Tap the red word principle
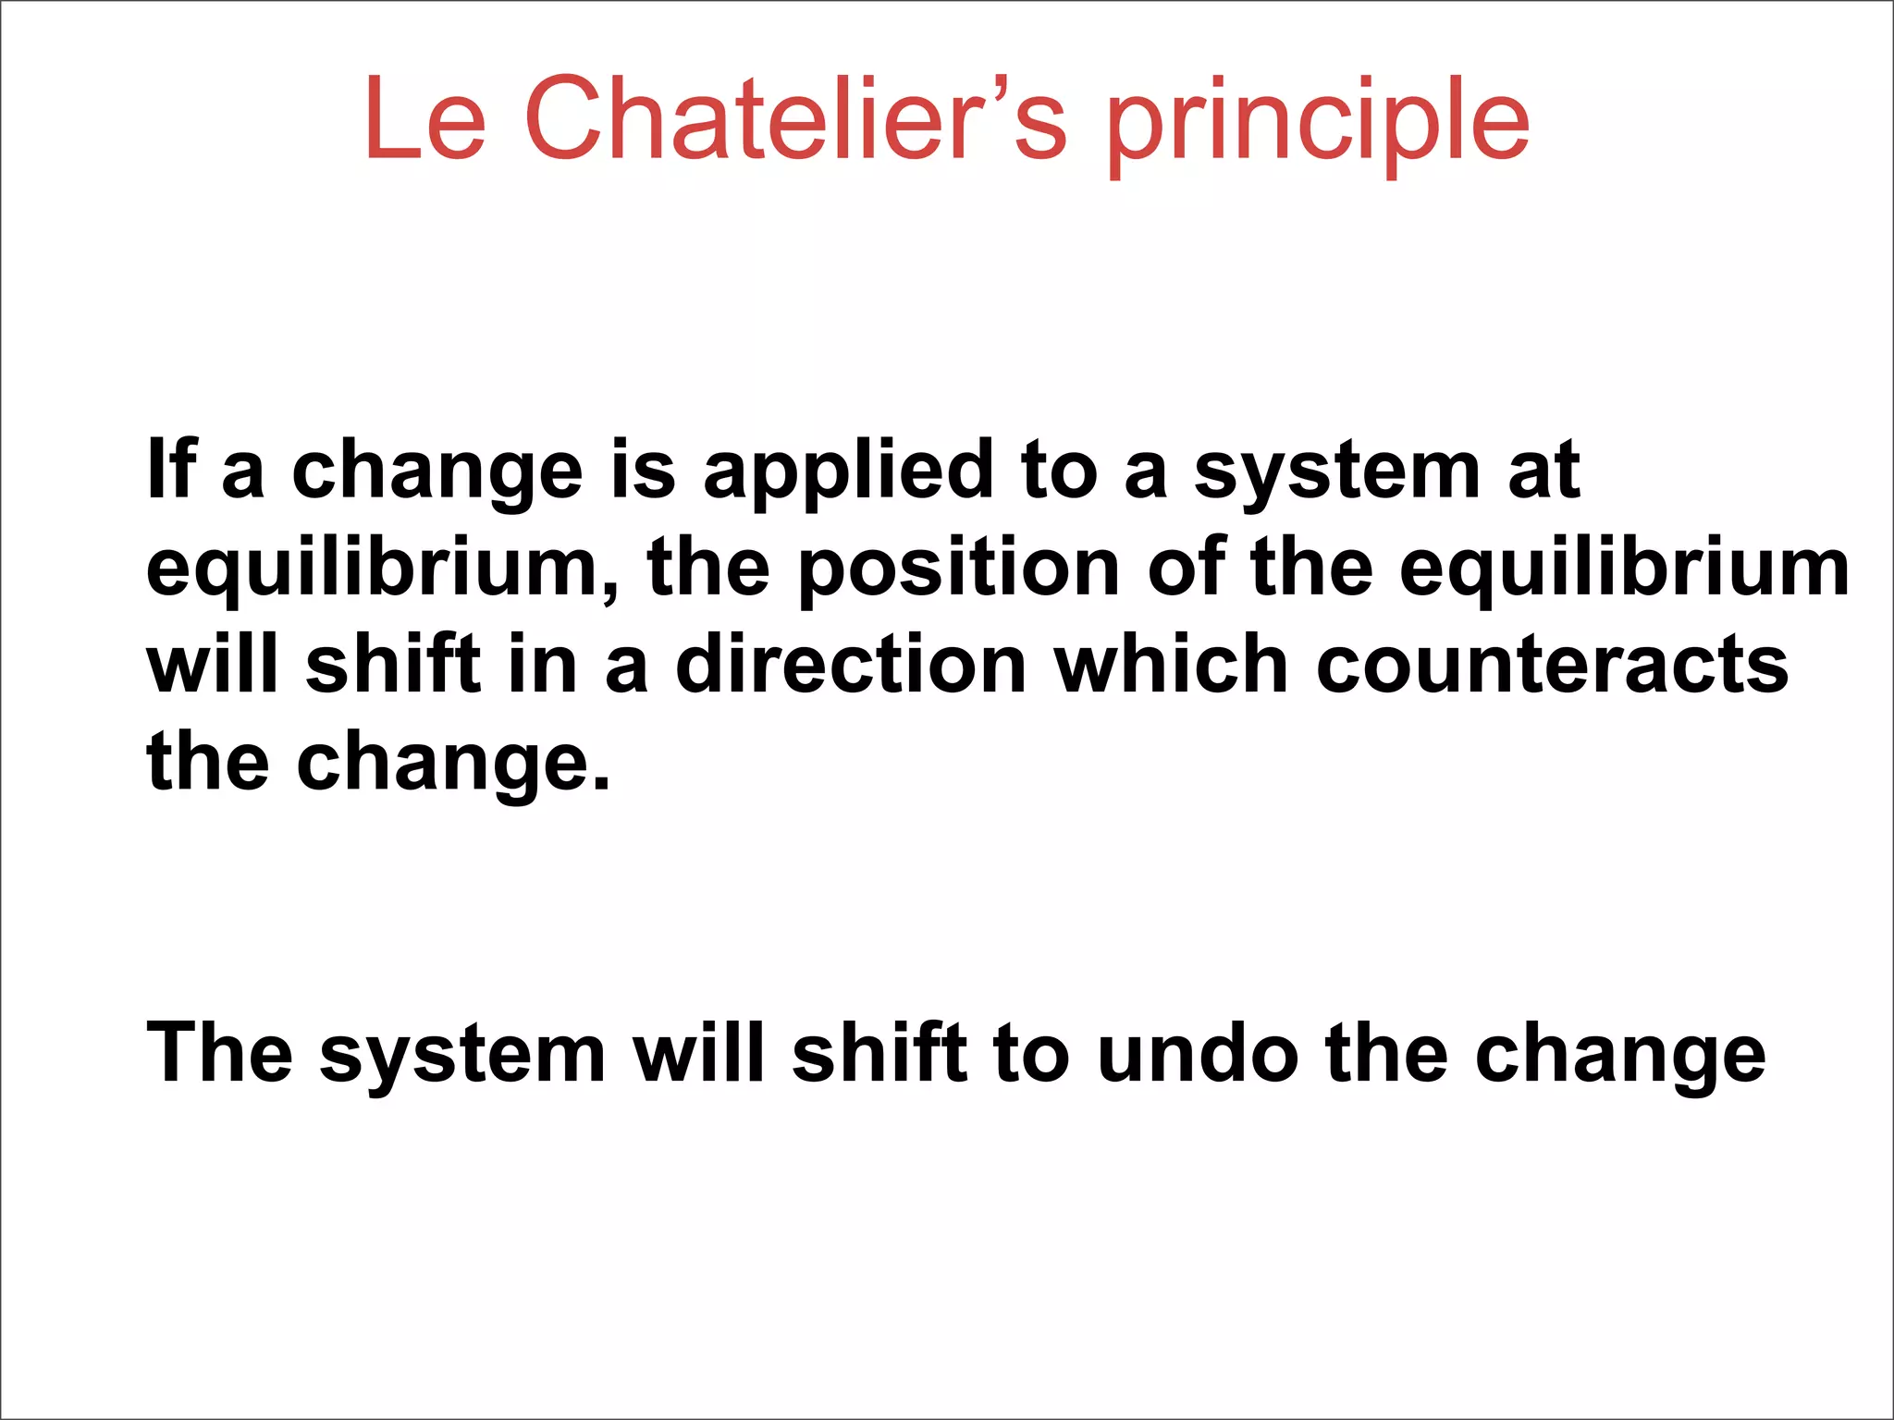pos(1318,125)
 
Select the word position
pos(959,569)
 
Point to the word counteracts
pos(1553,667)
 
